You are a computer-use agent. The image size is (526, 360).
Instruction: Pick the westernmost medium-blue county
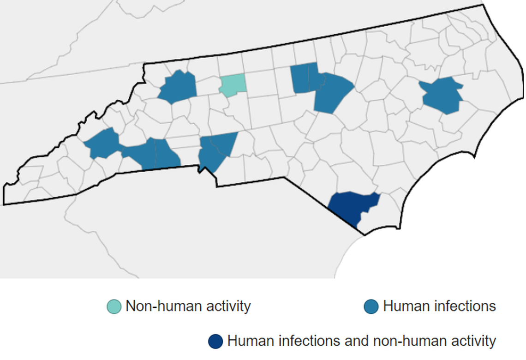pos(102,144)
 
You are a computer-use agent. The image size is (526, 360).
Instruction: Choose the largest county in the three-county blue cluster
pos(332,92)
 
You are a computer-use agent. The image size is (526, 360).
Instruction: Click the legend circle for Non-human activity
pos(114,306)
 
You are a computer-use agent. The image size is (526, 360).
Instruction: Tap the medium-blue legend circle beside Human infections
pos(371,306)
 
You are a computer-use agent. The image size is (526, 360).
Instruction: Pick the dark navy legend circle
pos(215,342)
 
